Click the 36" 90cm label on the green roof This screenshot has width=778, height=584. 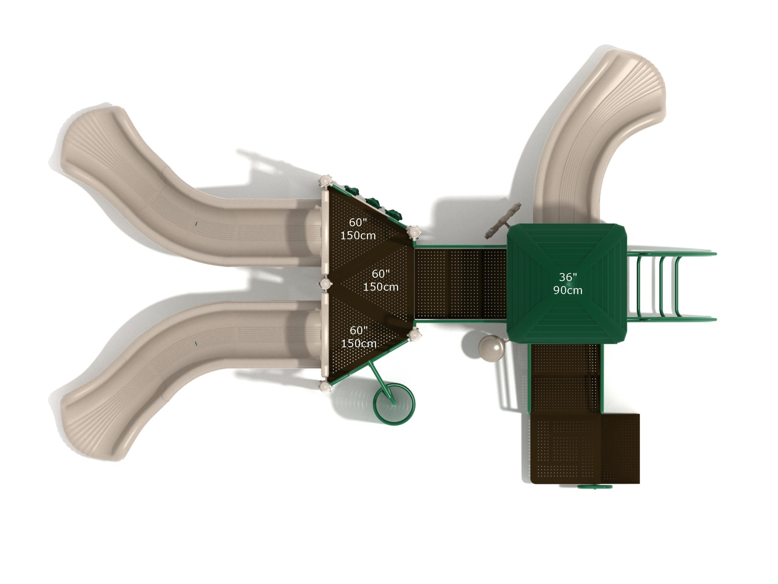[x=567, y=284]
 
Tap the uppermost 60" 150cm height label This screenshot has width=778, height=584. [x=358, y=229]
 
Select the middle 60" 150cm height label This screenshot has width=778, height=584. [x=380, y=280]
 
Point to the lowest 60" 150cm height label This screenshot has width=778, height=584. [x=359, y=337]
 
